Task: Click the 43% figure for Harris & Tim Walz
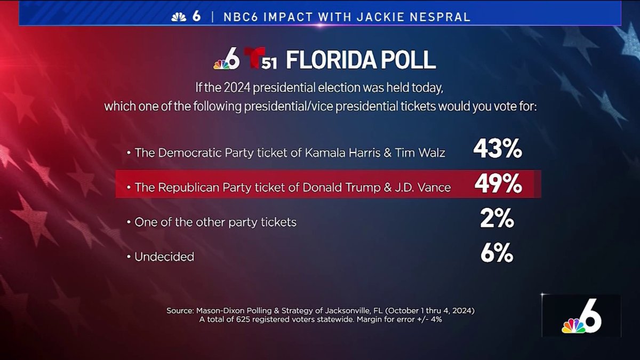click(x=497, y=151)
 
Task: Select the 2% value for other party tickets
click(x=497, y=220)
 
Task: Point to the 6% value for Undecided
click(x=497, y=254)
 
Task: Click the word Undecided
click(x=164, y=257)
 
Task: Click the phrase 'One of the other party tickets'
click(x=215, y=222)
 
